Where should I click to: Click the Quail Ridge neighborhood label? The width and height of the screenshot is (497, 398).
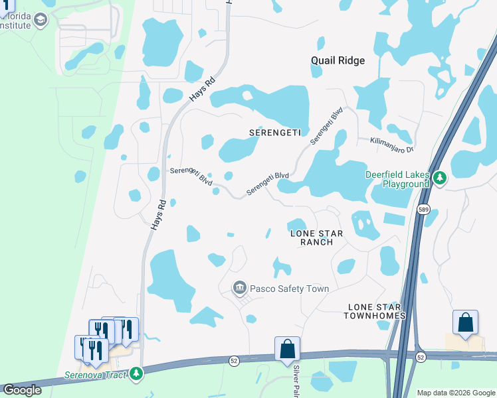(338, 60)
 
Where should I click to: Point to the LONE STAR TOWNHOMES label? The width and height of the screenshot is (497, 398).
(374, 311)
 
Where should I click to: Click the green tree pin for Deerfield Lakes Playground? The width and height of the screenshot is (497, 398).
(439, 178)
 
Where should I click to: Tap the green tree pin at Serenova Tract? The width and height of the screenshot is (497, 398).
(136, 373)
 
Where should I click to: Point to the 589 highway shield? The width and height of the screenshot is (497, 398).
(423, 210)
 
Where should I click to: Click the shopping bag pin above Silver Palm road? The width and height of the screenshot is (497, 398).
(287, 348)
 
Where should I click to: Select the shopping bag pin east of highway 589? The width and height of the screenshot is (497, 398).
(465, 322)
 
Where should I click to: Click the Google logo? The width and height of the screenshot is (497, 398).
(22, 390)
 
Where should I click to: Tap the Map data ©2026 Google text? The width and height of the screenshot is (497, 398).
(455, 393)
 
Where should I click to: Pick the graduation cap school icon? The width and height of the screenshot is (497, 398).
(41, 20)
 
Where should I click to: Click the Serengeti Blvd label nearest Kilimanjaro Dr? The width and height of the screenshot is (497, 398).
(328, 126)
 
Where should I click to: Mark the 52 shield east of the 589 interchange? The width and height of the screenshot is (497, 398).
(420, 357)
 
